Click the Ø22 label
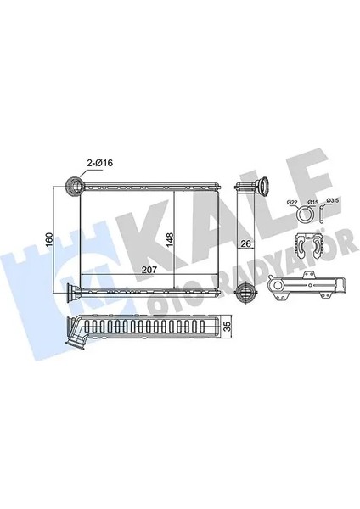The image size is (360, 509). coord(292,201)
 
